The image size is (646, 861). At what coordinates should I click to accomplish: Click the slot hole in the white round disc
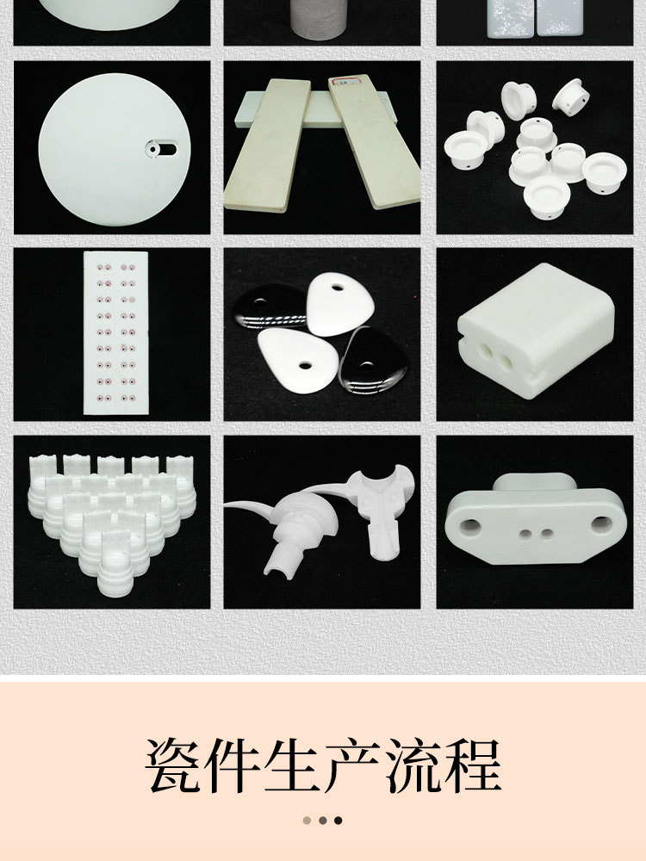tap(161, 149)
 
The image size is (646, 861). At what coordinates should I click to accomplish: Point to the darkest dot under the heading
tap(339, 821)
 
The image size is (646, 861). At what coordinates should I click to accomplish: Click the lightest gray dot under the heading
tap(307, 821)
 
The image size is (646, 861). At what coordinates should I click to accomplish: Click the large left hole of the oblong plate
tap(471, 524)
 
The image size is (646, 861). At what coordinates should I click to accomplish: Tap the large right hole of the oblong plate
tap(594, 522)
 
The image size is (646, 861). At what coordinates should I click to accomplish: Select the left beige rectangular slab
tap(267, 144)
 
